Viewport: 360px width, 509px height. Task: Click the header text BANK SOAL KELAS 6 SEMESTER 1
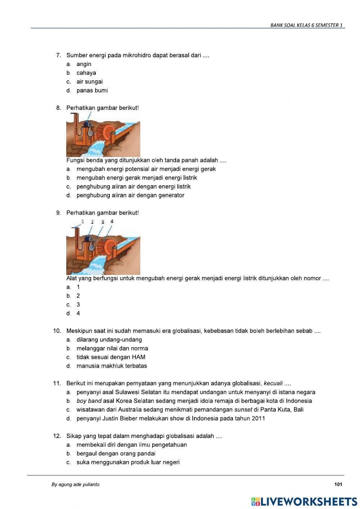point(306,25)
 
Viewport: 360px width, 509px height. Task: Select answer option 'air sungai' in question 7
point(89,82)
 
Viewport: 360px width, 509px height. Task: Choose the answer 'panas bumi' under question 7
point(92,90)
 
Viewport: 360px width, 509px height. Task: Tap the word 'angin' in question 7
point(84,64)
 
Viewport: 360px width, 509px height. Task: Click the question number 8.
point(58,108)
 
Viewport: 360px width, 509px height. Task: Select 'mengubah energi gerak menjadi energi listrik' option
point(136,178)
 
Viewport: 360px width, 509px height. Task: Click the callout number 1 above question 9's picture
point(83,221)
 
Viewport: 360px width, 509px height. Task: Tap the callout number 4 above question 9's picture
point(112,221)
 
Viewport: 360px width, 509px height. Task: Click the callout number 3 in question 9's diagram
point(103,222)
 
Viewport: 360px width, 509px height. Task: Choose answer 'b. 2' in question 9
point(78,296)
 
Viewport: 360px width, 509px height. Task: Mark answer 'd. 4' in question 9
point(78,313)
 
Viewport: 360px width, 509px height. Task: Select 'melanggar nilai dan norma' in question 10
point(112,348)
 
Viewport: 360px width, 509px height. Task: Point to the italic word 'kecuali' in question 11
point(273,383)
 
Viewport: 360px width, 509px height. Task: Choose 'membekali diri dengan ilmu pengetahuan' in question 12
point(131,445)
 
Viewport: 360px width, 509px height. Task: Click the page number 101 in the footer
point(338,485)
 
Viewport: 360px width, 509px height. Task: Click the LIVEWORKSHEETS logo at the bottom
point(304,501)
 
